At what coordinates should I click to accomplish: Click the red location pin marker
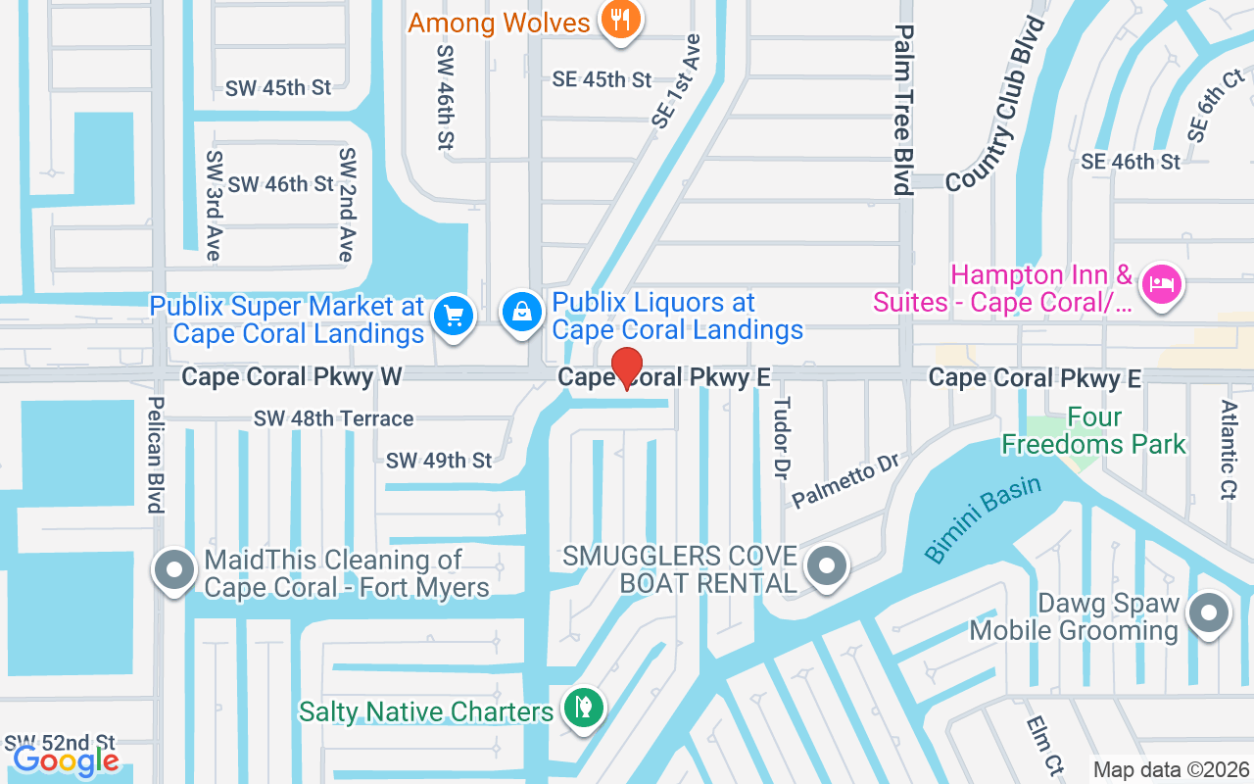tap(627, 368)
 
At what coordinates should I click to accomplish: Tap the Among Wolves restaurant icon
tap(619, 19)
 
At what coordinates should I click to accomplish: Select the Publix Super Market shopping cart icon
tap(453, 316)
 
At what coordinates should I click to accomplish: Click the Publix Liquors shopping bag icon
tap(522, 313)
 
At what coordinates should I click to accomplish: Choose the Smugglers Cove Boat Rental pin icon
tap(827, 566)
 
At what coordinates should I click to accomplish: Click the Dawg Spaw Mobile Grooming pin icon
tap(1208, 613)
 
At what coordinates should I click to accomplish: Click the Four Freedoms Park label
tap(1093, 431)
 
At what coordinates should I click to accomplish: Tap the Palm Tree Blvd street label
tap(903, 109)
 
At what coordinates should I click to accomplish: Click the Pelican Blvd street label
tap(155, 454)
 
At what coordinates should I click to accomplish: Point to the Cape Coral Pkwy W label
tap(278, 376)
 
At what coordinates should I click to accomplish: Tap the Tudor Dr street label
tap(781, 438)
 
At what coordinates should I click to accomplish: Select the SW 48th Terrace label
tap(333, 418)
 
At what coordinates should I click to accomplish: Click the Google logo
tap(66, 760)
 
